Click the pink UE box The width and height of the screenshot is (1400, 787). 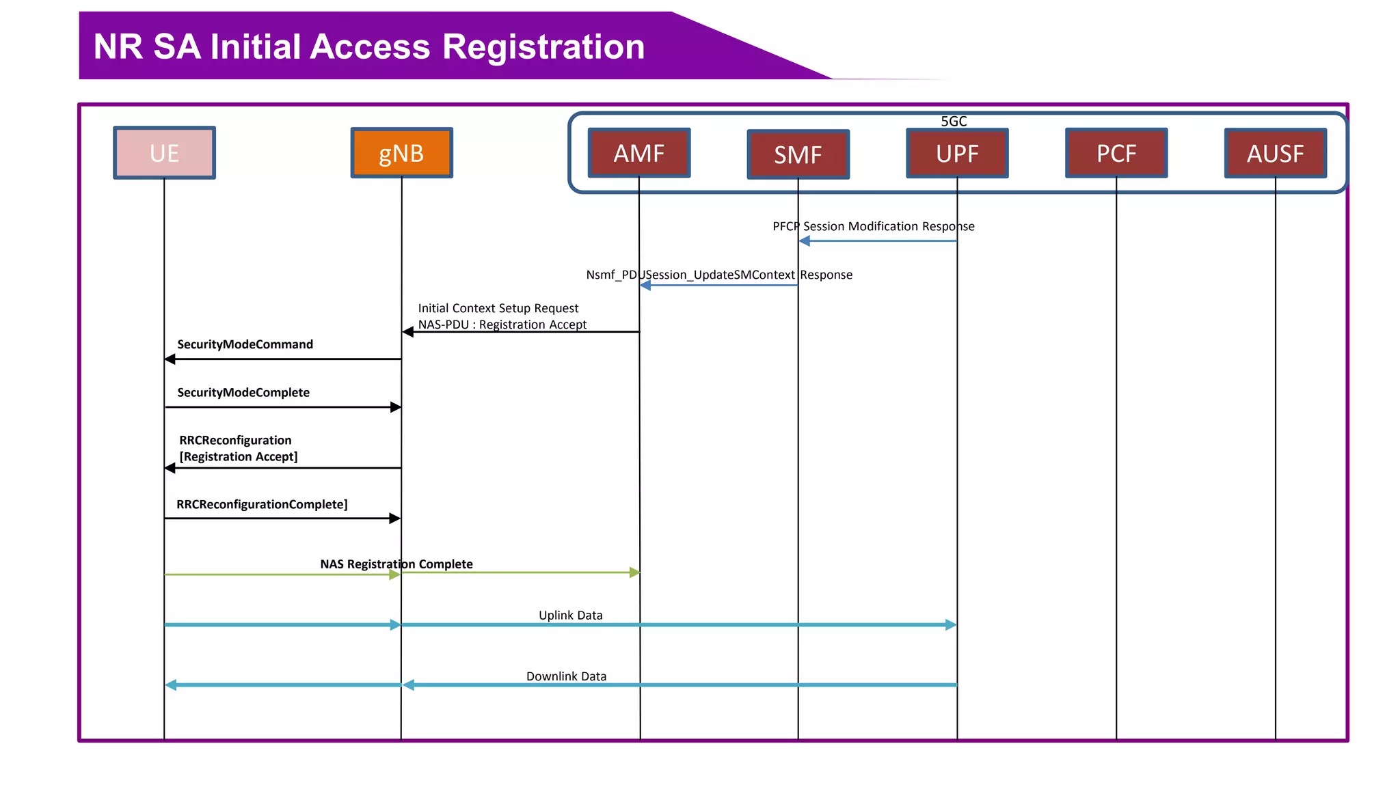(164, 153)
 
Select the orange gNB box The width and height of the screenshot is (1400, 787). (401, 153)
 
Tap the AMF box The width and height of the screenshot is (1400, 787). (639, 153)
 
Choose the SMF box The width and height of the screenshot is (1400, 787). (798, 154)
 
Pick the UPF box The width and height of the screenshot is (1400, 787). (957, 153)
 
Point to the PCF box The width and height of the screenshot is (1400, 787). (1116, 153)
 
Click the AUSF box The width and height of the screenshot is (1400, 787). (1275, 153)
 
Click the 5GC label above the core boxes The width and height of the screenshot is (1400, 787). (954, 121)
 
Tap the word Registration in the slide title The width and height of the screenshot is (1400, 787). (543, 47)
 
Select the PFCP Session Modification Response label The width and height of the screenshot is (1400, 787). (873, 226)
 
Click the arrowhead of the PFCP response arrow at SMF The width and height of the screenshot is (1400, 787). (805, 240)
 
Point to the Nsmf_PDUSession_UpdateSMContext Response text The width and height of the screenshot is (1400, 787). (719, 275)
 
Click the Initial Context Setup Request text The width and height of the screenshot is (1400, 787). (498, 308)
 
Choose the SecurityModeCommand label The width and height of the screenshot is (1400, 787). (245, 344)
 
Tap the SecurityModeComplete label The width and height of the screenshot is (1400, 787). (243, 392)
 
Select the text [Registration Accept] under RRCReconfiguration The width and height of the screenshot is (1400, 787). (239, 456)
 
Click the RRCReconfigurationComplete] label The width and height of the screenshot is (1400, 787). (262, 504)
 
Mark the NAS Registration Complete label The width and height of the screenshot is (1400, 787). (396, 564)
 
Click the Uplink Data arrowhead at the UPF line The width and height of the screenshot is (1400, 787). (951, 624)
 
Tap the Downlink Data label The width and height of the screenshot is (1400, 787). (566, 676)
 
